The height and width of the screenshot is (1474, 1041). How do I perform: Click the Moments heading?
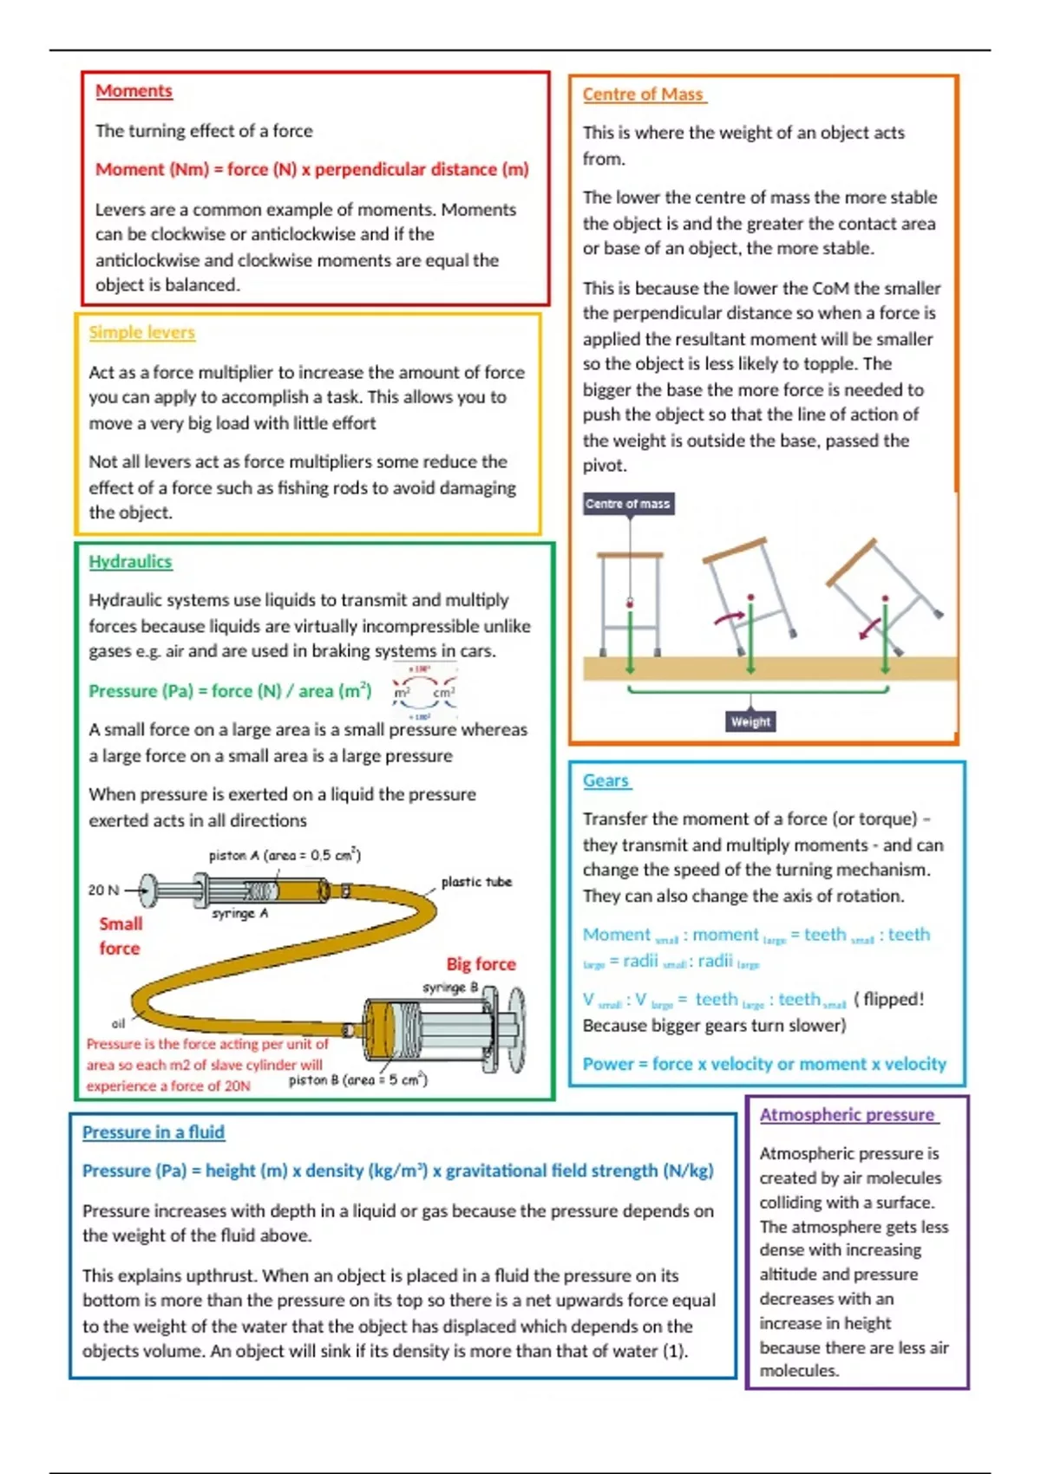point(134,91)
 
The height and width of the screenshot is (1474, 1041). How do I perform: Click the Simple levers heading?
point(141,333)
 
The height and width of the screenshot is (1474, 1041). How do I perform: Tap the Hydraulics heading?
point(130,562)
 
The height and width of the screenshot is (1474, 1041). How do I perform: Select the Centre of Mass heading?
point(643,95)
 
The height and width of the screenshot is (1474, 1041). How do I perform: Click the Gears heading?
point(606,780)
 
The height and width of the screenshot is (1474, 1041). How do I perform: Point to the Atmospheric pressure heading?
point(847,1115)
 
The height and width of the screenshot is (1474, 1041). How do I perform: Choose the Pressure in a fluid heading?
point(153,1132)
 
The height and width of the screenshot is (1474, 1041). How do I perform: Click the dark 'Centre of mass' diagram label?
point(628,504)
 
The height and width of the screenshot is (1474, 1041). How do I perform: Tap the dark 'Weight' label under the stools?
point(750,721)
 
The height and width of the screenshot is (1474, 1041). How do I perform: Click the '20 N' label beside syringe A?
point(103,890)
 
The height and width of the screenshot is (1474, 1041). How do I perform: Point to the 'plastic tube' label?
point(476,882)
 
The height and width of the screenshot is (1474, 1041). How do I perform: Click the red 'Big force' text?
point(481,964)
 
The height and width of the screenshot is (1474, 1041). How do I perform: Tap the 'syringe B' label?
point(450,988)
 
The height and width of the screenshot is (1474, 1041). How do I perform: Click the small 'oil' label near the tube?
point(118,1024)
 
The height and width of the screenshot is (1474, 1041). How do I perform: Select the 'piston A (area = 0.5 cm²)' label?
point(285,856)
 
